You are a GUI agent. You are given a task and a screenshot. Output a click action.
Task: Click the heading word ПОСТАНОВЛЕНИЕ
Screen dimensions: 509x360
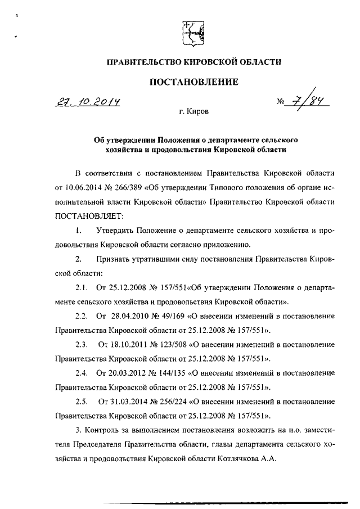pyautogui.click(x=193, y=82)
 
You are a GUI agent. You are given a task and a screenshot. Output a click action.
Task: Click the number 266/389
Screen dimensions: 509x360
pyautogui.click(x=130, y=186)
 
